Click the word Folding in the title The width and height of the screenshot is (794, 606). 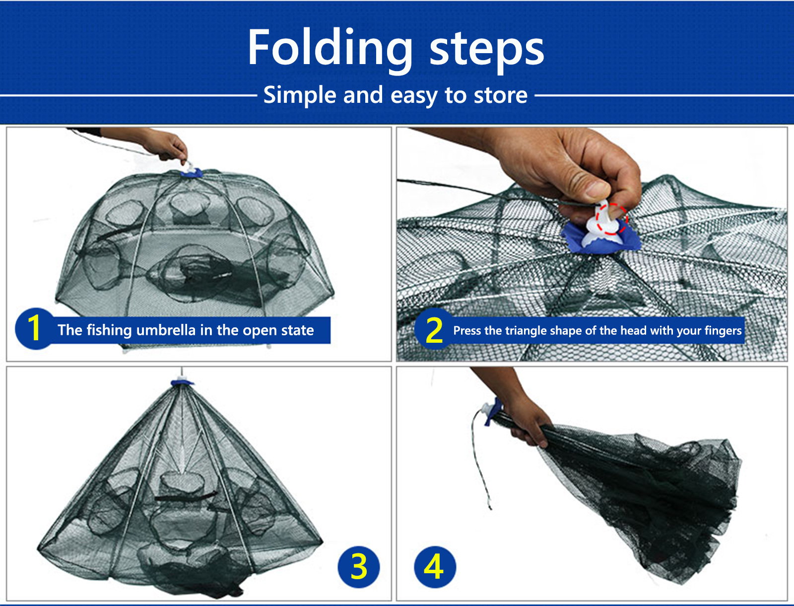click(x=330, y=48)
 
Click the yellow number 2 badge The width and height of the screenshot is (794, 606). click(x=434, y=329)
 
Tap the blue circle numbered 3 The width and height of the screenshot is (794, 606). click(x=358, y=567)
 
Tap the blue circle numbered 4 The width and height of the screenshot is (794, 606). click(x=435, y=567)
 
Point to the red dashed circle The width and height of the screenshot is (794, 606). click(x=612, y=219)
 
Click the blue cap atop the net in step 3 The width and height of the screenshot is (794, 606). click(x=182, y=382)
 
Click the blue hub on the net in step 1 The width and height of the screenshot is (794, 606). click(x=192, y=173)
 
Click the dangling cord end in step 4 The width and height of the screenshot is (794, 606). click(x=490, y=507)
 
